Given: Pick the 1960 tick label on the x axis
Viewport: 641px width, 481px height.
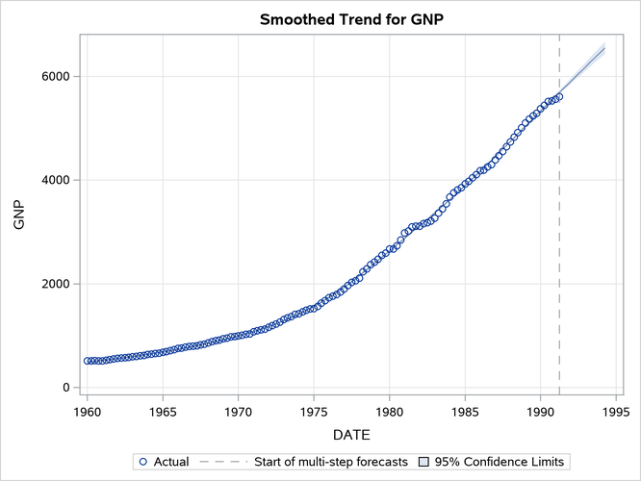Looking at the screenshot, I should [x=87, y=410].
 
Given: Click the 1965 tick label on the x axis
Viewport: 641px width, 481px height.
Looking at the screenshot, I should [x=163, y=410].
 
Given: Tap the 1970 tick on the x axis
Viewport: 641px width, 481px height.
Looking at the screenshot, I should [x=238, y=410].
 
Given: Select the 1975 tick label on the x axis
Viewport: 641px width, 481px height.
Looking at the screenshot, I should [x=314, y=410].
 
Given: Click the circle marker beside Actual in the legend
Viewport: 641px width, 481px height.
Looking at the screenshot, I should [x=143, y=462].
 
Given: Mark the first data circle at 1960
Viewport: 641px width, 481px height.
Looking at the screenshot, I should [x=87, y=361].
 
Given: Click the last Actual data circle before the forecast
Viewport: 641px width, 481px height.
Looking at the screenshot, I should [x=558, y=97].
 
